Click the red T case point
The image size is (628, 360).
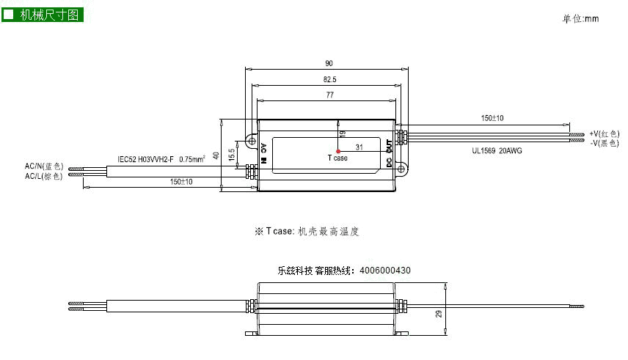coord(338,151)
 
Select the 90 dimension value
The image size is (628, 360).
coord(329,63)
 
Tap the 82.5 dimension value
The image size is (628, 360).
coord(329,79)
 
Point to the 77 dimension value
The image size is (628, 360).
coord(329,95)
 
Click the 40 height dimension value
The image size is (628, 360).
coord(216,155)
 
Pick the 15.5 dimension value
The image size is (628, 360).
coord(232,155)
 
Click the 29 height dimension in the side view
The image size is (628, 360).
coord(439,314)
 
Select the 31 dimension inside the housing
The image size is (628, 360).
coord(359,147)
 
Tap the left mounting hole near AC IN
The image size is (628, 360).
coord(252,141)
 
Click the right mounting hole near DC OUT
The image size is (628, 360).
coord(401,169)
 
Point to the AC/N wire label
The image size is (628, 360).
coord(44,166)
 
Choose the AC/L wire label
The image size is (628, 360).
coord(44,176)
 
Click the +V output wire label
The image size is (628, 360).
coord(605,133)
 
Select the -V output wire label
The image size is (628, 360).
coord(605,143)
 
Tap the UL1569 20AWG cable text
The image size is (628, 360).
coord(497,150)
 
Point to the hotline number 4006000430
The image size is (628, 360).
coord(385,271)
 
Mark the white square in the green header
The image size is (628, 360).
coord(8,15)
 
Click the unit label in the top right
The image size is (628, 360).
coord(580,18)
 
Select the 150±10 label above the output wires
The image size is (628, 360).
coord(492,118)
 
